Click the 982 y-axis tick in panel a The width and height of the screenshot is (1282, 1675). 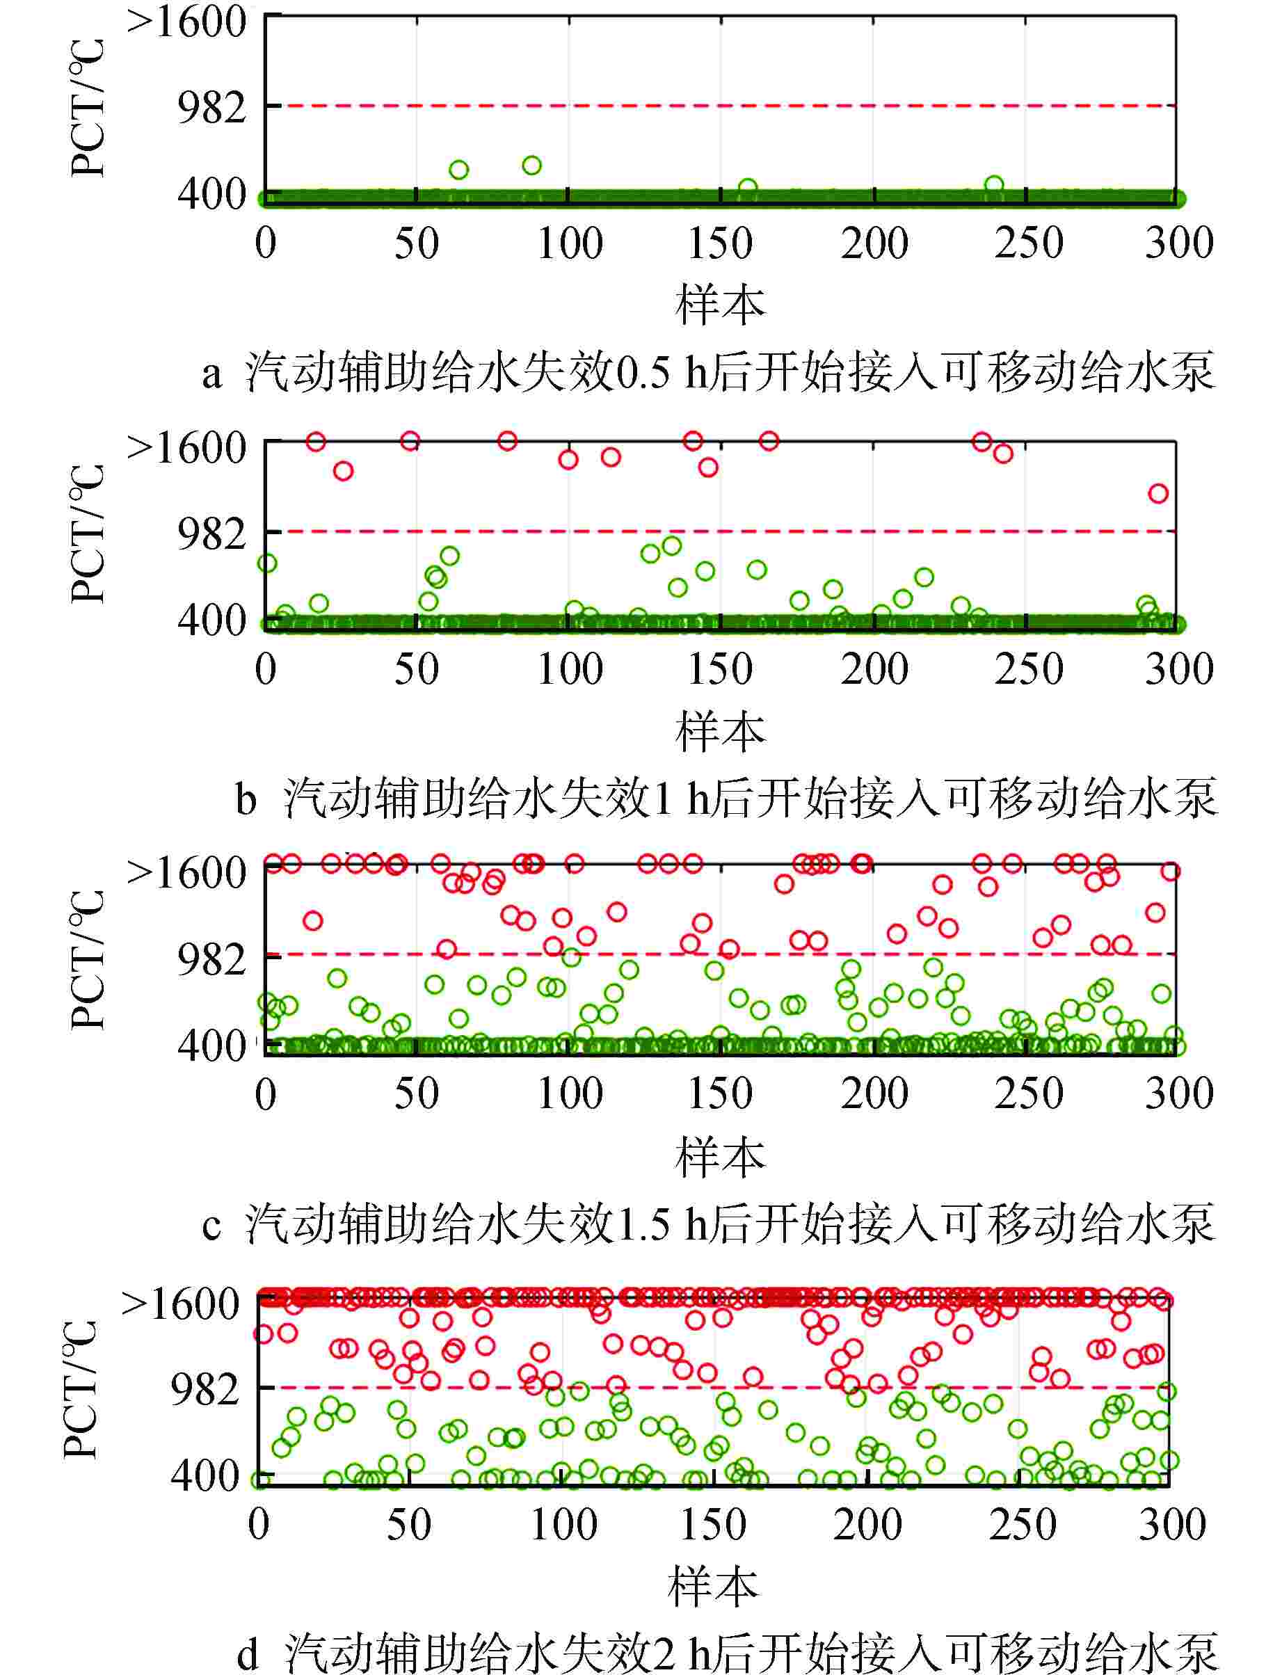pyautogui.click(x=211, y=108)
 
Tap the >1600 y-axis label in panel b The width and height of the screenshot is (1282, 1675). pyautogui.click(x=187, y=447)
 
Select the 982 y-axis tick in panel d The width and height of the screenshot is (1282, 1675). pyautogui.click(x=205, y=1390)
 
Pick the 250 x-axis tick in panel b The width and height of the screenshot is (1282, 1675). pyautogui.click(x=1028, y=669)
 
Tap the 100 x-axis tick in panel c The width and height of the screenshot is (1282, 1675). pyautogui.click(x=569, y=1093)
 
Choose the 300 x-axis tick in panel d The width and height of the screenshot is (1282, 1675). pyautogui.click(x=1172, y=1525)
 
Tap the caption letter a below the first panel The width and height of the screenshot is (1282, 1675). pyautogui.click(x=211, y=374)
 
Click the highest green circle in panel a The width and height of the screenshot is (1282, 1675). pyautogui.click(x=531, y=166)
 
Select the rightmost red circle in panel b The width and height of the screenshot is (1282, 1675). pyautogui.click(x=1158, y=494)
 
